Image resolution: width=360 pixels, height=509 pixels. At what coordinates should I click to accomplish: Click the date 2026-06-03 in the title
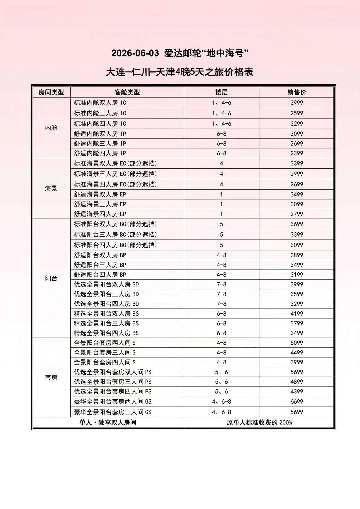click(135, 53)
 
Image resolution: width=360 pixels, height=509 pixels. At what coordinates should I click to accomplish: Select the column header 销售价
click(297, 92)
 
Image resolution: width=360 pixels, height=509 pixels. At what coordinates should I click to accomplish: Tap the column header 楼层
click(221, 92)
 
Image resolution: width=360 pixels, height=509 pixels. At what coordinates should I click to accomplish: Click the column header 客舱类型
click(127, 92)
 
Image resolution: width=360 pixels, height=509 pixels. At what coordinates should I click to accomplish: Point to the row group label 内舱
click(51, 128)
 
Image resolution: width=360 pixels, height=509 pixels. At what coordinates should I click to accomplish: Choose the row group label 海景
click(51, 189)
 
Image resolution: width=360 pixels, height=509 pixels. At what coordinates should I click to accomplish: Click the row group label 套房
click(51, 378)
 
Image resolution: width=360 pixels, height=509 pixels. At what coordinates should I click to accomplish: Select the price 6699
click(297, 402)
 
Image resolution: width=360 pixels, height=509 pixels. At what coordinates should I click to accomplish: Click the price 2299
click(297, 124)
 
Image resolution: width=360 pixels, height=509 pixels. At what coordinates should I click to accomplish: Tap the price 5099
click(297, 343)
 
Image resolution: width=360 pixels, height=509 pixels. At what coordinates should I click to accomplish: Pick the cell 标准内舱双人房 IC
click(100, 103)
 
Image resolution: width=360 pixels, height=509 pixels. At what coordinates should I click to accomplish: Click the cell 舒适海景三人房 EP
click(100, 204)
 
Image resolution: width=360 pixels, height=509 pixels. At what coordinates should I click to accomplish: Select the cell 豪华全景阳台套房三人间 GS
click(113, 412)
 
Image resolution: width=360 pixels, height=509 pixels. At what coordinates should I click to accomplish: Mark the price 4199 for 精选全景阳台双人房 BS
click(297, 314)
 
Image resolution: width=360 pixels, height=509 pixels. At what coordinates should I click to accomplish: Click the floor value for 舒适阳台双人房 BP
click(221, 255)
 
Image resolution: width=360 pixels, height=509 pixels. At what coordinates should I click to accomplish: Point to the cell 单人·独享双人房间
click(108, 423)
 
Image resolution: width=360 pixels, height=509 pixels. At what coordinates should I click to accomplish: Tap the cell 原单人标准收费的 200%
click(259, 423)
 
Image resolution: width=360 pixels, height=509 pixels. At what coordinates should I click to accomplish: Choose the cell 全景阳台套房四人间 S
click(105, 362)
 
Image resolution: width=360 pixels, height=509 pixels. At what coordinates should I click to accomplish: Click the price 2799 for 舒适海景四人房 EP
click(297, 214)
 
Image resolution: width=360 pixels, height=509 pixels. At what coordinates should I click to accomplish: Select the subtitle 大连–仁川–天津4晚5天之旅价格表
click(180, 72)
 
